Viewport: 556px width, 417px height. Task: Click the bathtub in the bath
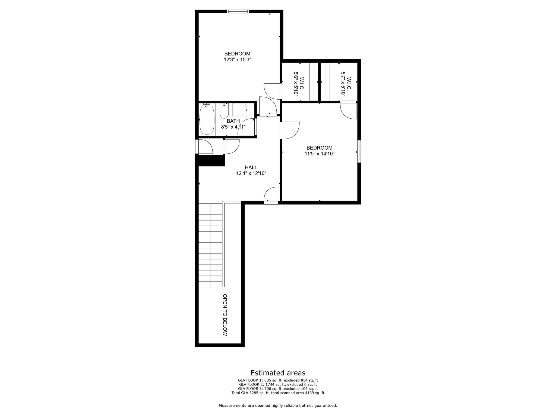pyautogui.click(x=207, y=119)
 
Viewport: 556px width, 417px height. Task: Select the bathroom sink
pyautogui.click(x=246, y=110)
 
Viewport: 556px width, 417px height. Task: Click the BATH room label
pyautogui.click(x=233, y=121)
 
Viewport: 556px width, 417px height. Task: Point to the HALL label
pyautogui.click(x=251, y=168)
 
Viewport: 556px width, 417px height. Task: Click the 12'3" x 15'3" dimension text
pyautogui.click(x=237, y=60)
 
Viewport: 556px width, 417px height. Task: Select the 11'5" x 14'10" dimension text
pyautogui.click(x=319, y=154)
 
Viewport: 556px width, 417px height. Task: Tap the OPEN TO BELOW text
pyautogui.click(x=225, y=315)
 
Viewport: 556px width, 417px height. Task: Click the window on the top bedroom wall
pyautogui.click(x=238, y=11)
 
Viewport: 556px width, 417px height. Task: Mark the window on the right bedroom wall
pyautogui.click(x=359, y=151)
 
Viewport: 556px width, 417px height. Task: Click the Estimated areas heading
pyautogui.click(x=278, y=373)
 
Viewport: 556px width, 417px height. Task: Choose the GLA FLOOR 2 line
pyautogui.click(x=278, y=384)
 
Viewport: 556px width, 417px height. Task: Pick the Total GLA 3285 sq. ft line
pyautogui.click(x=278, y=393)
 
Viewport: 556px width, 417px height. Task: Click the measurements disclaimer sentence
pyautogui.click(x=278, y=405)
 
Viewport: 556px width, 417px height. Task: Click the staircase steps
pyautogui.click(x=210, y=244)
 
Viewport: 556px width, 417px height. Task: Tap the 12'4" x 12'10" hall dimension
pyautogui.click(x=251, y=173)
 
